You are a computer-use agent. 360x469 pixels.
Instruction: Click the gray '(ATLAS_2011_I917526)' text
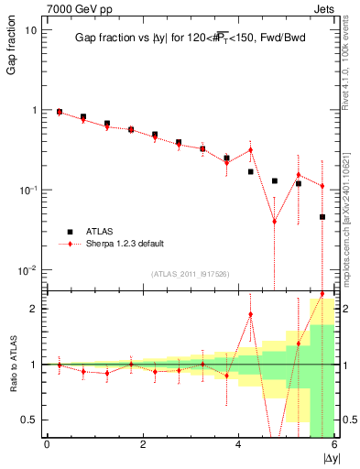[x=190, y=274]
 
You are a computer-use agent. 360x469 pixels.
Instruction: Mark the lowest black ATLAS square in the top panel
[x=322, y=217]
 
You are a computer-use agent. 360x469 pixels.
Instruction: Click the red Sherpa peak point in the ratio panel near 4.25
[x=250, y=315]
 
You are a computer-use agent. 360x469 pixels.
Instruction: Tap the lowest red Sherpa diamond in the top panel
[x=274, y=221]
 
